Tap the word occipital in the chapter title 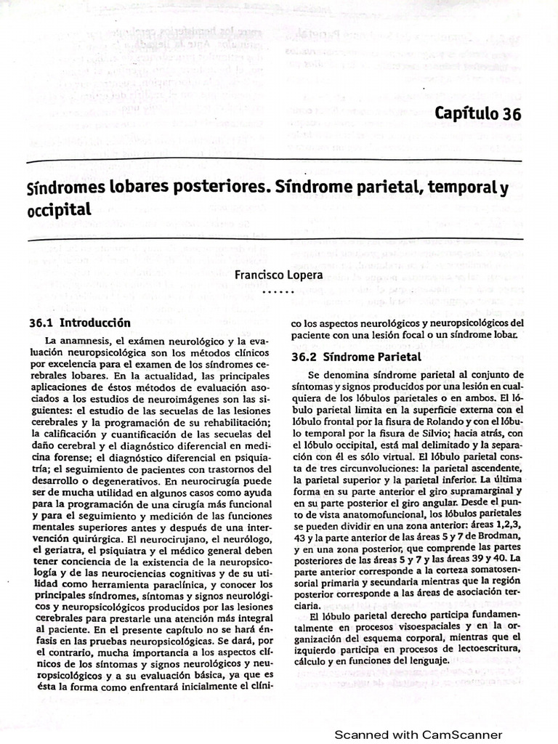59,210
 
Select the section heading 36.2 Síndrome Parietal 356,357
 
